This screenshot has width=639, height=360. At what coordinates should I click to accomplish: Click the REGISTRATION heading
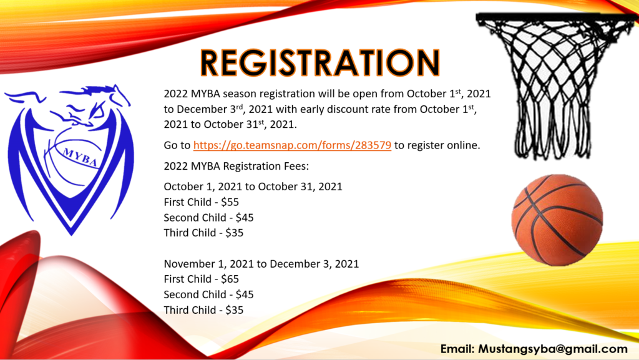(x=320, y=62)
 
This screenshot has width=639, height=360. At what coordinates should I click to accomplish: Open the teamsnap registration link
(x=292, y=145)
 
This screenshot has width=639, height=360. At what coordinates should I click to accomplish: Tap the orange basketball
(x=557, y=220)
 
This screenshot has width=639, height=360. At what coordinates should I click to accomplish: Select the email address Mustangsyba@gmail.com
(x=553, y=349)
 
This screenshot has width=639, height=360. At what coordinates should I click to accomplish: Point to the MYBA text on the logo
(x=80, y=157)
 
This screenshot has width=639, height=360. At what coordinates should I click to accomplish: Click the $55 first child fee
(x=230, y=202)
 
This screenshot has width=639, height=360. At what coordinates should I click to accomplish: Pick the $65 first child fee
(x=230, y=279)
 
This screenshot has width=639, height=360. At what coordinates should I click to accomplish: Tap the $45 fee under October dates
(x=245, y=218)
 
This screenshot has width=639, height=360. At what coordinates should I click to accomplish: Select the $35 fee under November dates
(x=235, y=310)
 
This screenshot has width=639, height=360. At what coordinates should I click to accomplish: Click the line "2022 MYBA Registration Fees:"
(x=237, y=166)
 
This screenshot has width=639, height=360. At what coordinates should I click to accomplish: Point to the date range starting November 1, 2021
(x=261, y=264)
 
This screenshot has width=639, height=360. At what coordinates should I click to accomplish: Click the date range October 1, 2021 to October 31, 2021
(x=253, y=187)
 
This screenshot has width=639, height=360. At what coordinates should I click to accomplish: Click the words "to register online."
(x=437, y=145)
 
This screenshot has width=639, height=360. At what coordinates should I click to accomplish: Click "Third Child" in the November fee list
(x=190, y=310)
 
